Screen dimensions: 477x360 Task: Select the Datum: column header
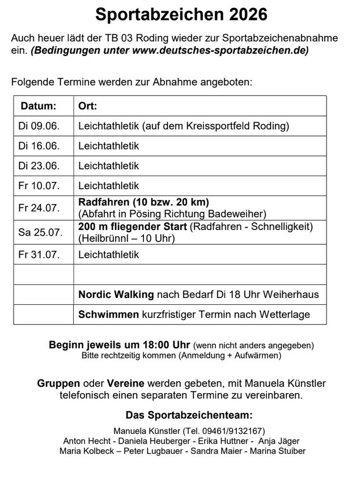(39, 106)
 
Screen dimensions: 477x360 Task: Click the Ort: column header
(88, 106)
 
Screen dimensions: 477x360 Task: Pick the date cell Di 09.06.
(39, 126)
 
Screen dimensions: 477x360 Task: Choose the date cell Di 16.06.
(39, 146)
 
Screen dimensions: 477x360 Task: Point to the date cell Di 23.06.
(39, 166)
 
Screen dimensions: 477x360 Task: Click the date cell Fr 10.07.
(39, 186)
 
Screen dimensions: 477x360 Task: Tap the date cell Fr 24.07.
(39, 208)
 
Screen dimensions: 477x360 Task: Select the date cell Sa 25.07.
(39, 232)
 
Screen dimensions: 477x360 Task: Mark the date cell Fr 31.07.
(39, 255)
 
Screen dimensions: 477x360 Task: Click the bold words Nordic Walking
(116, 295)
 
